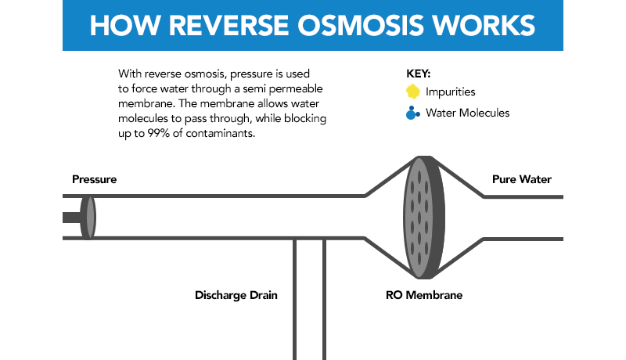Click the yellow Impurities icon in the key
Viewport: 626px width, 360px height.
(x=413, y=92)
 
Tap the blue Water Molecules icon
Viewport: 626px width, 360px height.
(x=413, y=113)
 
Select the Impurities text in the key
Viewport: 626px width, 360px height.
(x=451, y=92)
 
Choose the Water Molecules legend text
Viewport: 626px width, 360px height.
(x=468, y=113)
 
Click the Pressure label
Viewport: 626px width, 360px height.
(x=94, y=179)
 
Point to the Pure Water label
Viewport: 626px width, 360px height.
(x=521, y=179)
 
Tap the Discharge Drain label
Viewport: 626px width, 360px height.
(x=236, y=296)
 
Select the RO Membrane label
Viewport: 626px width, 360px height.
(x=423, y=296)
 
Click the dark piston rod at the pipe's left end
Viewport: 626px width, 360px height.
(x=72, y=217)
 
